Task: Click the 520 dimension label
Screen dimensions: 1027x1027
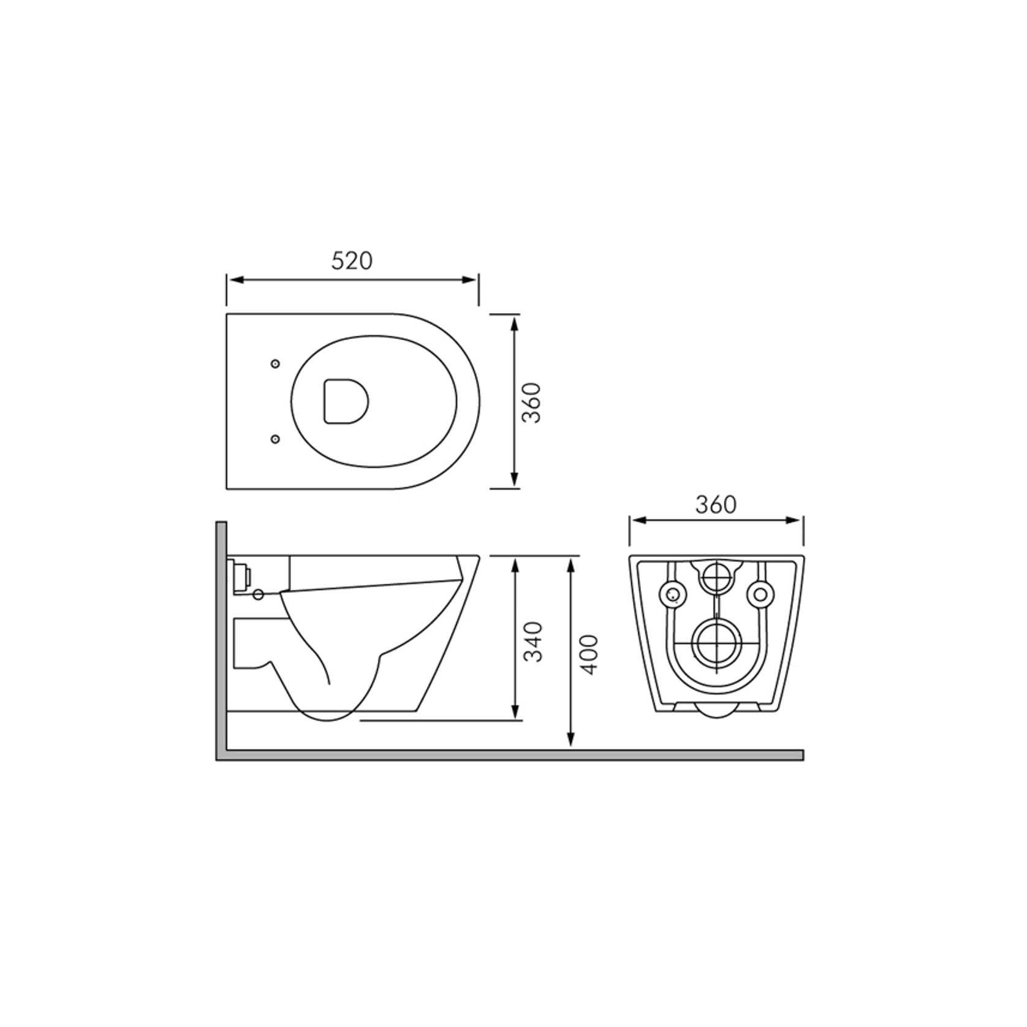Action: pos(352,260)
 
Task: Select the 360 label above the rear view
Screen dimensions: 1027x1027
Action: pos(716,504)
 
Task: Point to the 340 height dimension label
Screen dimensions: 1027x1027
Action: pos(534,642)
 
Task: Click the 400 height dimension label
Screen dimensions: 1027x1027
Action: pos(588,655)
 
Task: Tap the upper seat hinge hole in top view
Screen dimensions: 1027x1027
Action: pos(275,364)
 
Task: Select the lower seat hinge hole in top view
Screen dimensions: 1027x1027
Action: pos(275,439)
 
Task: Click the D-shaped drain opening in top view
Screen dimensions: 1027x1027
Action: pos(346,401)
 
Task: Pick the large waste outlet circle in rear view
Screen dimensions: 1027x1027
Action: pos(716,643)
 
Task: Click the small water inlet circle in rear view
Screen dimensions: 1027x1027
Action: pos(716,576)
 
